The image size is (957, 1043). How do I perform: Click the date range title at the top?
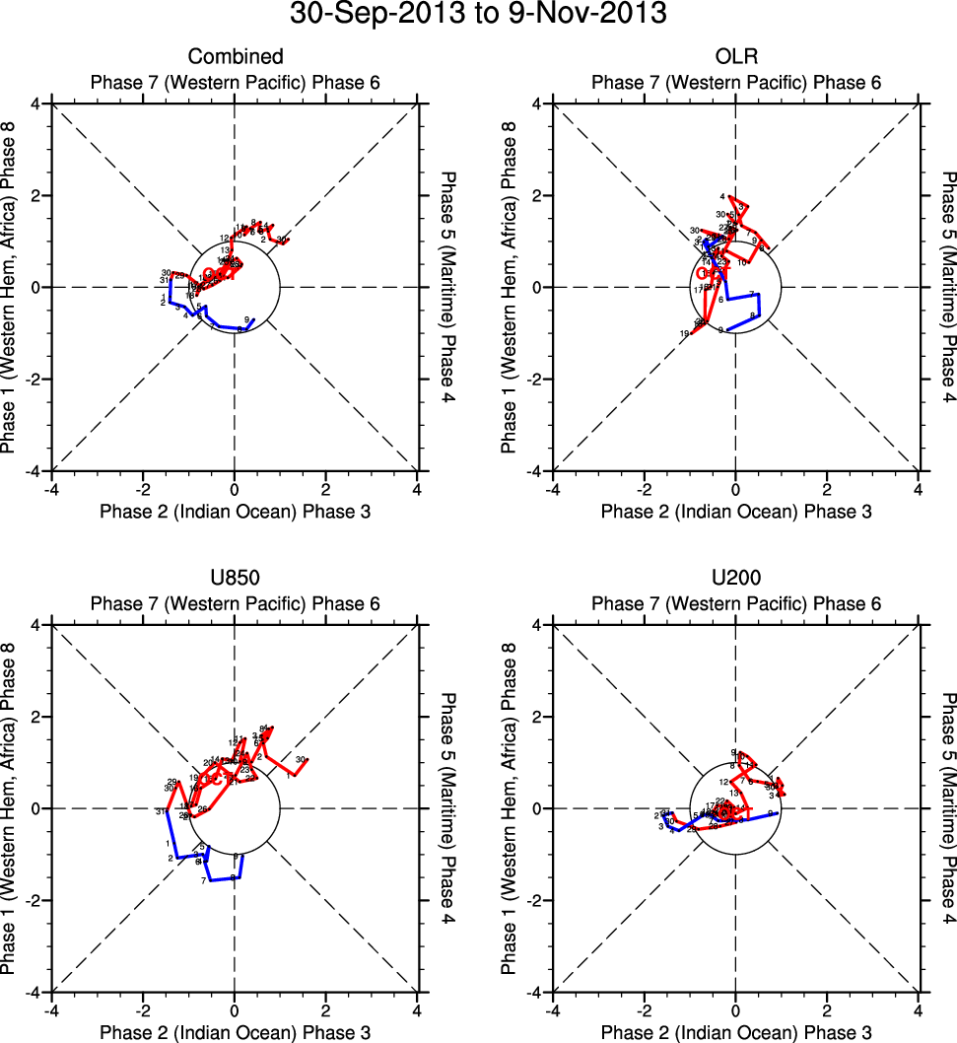click(478, 15)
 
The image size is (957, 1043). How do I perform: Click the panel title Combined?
click(236, 56)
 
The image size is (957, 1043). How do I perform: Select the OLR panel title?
click(736, 56)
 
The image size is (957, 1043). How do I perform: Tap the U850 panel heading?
click(236, 578)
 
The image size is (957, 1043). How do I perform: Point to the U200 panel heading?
click(736, 578)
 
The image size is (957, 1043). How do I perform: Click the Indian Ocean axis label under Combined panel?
click(236, 511)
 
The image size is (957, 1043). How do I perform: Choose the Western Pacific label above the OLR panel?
click(736, 83)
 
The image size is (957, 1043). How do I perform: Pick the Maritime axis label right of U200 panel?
click(947, 808)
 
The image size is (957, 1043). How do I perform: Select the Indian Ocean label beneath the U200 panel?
click(736, 1032)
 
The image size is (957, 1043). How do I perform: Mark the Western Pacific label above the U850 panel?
click(236, 604)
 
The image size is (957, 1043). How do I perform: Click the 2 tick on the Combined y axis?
click(36, 195)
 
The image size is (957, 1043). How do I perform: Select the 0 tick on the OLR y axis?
click(538, 287)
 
